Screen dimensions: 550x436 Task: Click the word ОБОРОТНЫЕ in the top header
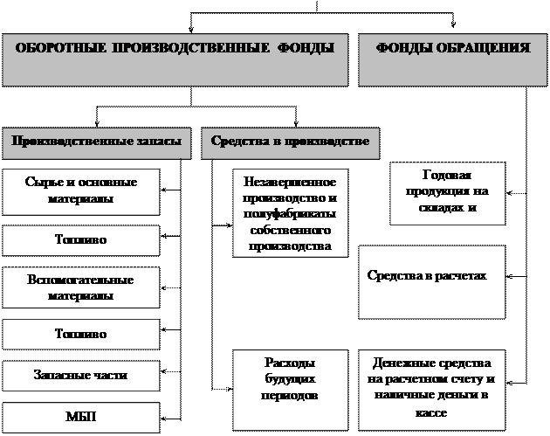pyautogui.click(x=60, y=49)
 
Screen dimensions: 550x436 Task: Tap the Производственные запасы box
pyautogui.click(x=95, y=142)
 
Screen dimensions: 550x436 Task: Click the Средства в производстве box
pyautogui.click(x=291, y=142)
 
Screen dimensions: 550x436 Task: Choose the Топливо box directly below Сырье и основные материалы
pyautogui.click(x=81, y=239)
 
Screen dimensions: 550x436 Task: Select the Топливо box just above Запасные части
pyautogui.click(x=81, y=334)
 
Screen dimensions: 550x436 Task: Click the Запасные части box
pyautogui.click(x=81, y=375)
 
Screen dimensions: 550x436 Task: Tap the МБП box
pyautogui.click(x=81, y=417)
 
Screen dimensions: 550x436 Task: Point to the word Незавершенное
pyautogui.click(x=290, y=183)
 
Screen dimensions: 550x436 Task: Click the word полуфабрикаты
pyautogui.click(x=290, y=214)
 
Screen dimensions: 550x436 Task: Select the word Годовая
pyautogui.click(x=447, y=175)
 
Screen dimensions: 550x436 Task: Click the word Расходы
pyautogui.click(x=290, y=363)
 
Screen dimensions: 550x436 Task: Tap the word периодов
pyautogui.click(x=290, y=395)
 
